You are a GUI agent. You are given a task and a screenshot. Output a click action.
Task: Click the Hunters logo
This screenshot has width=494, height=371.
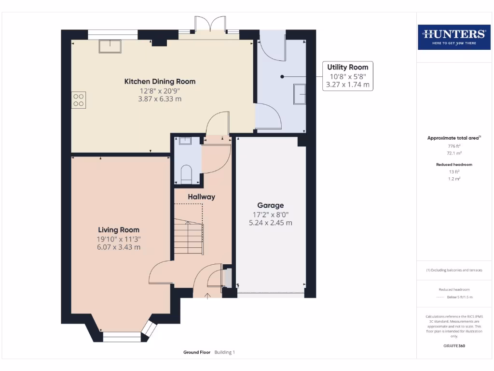pos(454,37)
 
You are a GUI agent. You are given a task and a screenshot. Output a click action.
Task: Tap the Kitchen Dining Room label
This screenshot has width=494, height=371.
pos(160,81)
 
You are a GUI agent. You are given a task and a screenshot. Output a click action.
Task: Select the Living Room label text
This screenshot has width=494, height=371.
pos(119,230)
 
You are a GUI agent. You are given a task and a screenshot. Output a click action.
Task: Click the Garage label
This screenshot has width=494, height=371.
pos(270,205)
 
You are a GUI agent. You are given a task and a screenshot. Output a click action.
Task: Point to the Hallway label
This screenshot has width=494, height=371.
pos(201,197)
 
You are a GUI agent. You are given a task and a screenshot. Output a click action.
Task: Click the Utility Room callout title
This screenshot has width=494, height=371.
pos(347,67)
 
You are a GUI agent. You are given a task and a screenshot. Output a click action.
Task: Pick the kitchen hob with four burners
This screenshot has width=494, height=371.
pos(79,100)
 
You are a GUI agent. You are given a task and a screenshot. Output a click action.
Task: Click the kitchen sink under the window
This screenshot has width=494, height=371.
pos(110,46)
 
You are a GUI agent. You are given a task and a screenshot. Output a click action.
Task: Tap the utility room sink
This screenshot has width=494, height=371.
pos(299,94)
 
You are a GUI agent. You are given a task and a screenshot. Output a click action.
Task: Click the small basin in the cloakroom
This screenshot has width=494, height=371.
pos(185,141)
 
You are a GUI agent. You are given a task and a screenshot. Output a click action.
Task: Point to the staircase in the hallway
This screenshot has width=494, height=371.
pos(188,237)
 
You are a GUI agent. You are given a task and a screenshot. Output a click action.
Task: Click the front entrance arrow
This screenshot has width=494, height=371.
pos(208,295)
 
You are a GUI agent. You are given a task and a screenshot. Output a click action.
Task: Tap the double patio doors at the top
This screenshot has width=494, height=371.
pos(209,25)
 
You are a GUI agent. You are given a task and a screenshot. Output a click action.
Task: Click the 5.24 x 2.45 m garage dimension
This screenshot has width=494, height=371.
pos(270,223)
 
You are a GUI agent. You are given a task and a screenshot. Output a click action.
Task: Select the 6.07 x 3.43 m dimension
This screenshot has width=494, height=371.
pos(119,247)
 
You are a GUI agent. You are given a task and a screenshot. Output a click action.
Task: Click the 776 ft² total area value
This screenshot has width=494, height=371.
pos(451,146)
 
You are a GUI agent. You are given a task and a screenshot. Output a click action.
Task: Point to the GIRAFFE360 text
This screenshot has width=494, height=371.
pos(454,346)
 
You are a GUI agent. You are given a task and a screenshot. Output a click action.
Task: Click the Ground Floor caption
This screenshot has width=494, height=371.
pos(196,353)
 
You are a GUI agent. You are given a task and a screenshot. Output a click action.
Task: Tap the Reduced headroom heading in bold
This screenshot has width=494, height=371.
pos(454,165)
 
